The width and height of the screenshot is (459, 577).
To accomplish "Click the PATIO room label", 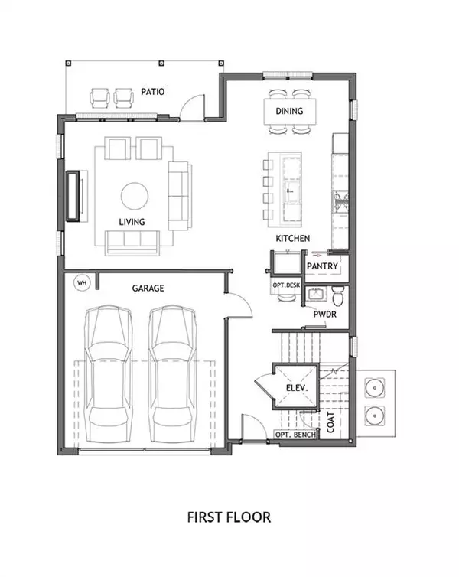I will (153, 92).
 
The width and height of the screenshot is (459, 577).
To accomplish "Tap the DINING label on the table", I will (289, 111).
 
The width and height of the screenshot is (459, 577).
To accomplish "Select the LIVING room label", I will (132, 222).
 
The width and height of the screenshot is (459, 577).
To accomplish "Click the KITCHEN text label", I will (293, 239).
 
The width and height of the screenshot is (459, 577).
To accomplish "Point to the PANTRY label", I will (322, 266).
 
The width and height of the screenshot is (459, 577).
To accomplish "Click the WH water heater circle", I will (81, 282).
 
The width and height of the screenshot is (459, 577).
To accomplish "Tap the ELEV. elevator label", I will (296, 389).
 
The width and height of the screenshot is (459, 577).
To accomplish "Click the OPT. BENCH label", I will (295, 435).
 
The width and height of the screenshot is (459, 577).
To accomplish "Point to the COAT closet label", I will (330, 424).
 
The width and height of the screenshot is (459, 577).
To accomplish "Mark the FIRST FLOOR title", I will (229, 517).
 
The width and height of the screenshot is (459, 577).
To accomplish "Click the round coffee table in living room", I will (135, 195).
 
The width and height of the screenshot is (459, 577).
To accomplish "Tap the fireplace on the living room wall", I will (75, 196).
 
